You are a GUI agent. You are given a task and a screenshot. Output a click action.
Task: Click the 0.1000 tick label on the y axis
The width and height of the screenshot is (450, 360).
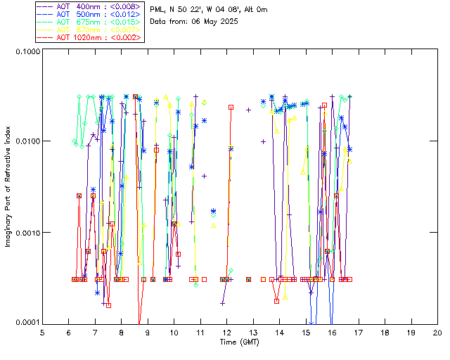27,53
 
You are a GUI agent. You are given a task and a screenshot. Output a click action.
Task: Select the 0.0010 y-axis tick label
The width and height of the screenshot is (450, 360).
27,233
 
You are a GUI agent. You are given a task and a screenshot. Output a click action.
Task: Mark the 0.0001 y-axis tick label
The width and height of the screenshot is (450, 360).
27,322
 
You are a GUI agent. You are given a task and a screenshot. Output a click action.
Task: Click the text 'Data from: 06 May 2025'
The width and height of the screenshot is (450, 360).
194,22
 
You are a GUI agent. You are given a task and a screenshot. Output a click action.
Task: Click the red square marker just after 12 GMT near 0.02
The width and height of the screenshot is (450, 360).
231,107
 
